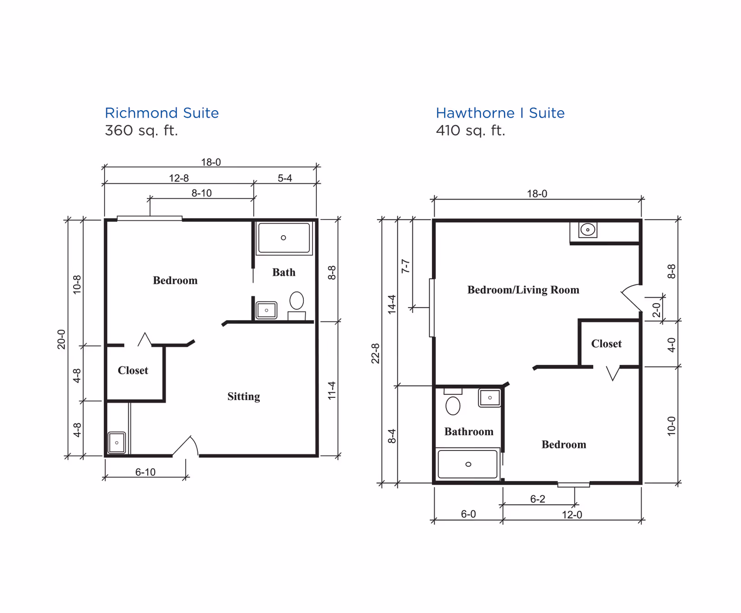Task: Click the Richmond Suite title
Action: tap(162, 113)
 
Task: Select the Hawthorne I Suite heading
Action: tap(500, 113)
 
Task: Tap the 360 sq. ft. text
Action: tap(141, 131)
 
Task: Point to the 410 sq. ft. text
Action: tap(471, 131)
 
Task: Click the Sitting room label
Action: tap(244, 396)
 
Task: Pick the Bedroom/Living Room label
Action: tap(523, 290)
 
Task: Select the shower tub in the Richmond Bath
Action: tap(284, 238)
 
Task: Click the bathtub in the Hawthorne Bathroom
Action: tap(468, 464)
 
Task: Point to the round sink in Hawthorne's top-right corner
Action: tap(588, 230)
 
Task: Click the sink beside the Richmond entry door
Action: tap(117, 443)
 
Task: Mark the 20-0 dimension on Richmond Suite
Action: tap(61, 339)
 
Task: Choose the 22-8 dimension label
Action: tap(375, 353)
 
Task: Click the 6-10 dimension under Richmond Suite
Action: tap(145, 472)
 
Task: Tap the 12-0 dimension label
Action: tap(572, 515)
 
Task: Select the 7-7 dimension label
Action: tap(405, 266)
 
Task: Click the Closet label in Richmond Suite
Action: tap(133, 370)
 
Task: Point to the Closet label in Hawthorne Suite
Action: tap(606, 344)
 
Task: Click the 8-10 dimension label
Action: tap(202, 193)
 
